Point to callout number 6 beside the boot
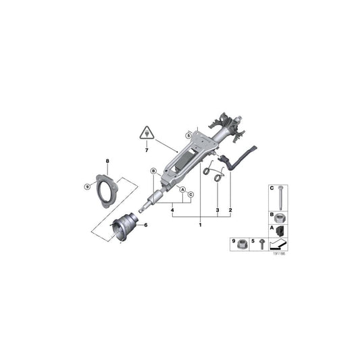(x=144, y=224)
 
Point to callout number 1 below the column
(x=200, y=224)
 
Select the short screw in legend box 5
(x=261, y=245)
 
